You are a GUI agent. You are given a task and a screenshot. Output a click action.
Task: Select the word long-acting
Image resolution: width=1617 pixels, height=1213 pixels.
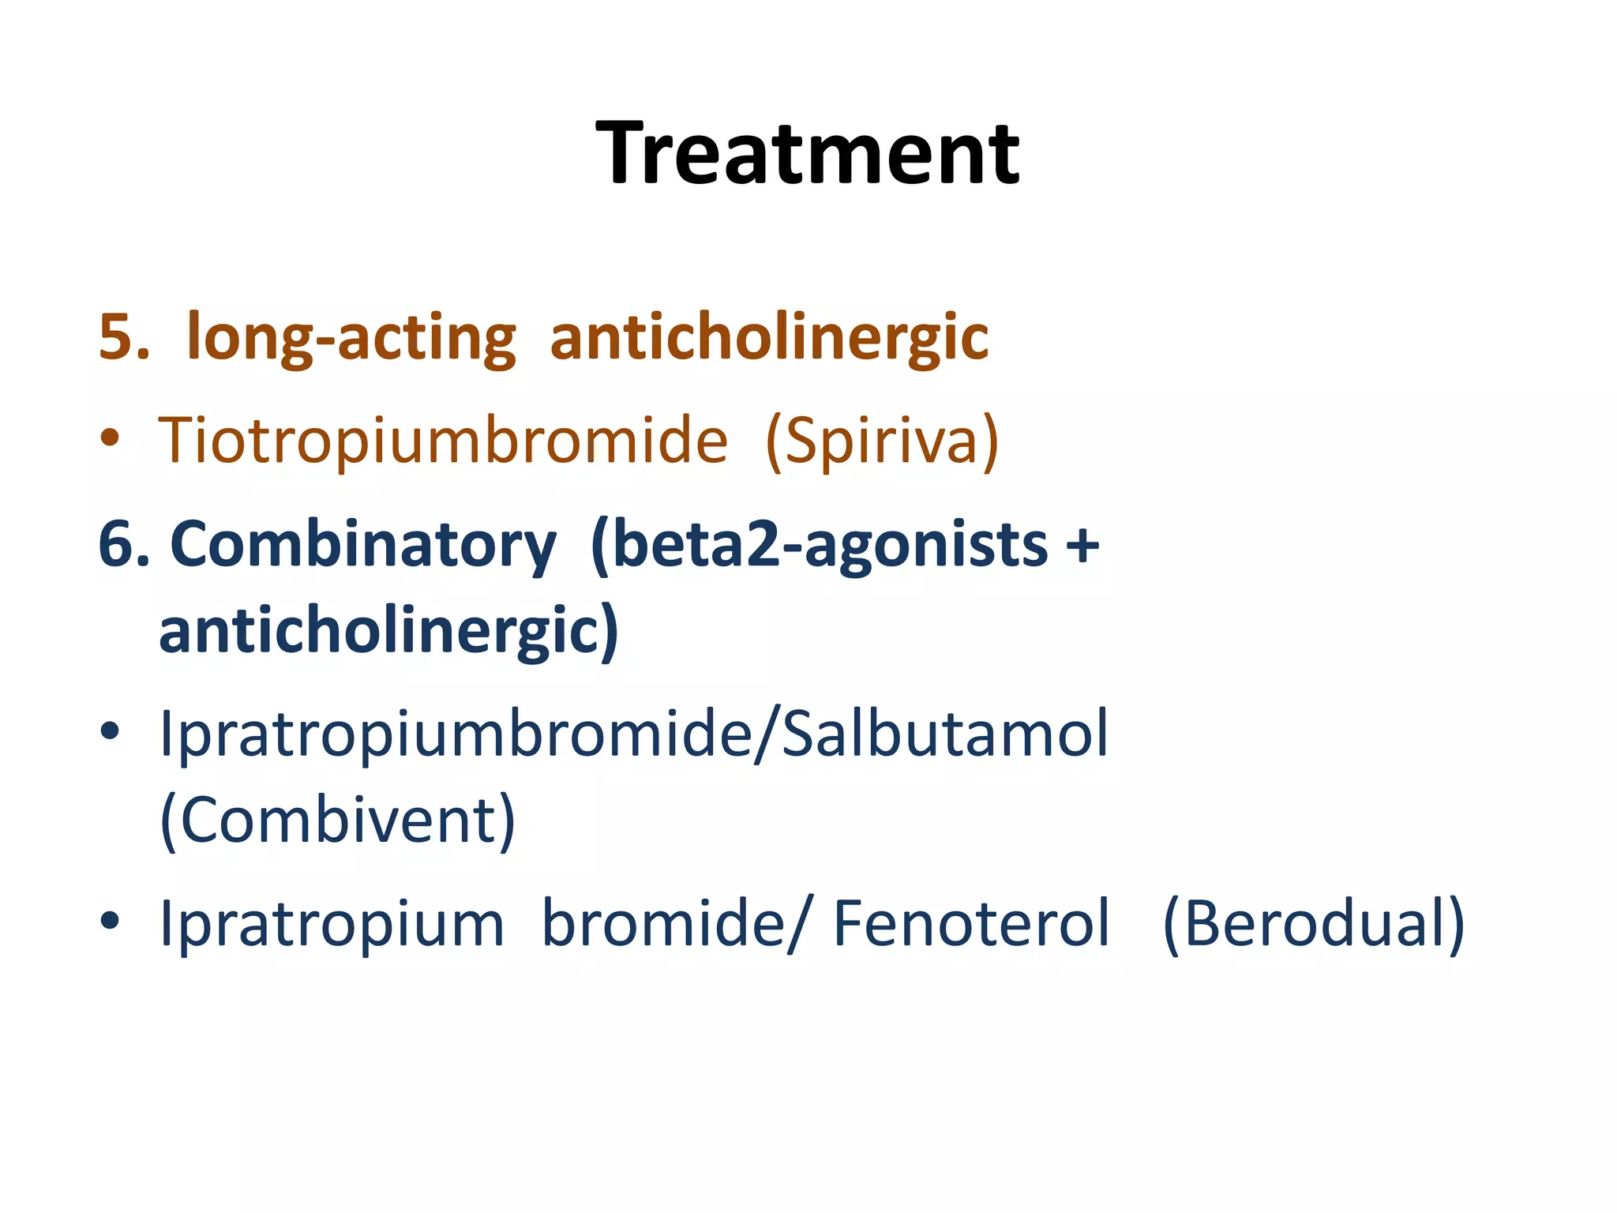(x=351, y=338)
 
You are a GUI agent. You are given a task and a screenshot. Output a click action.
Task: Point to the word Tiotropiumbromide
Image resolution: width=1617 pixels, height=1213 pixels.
(x=443, y=440)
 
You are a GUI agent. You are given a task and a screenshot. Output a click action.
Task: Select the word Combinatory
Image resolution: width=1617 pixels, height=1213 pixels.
(x=363, y=545)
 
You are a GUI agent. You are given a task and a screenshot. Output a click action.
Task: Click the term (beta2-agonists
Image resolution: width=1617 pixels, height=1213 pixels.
(x=818, y=545)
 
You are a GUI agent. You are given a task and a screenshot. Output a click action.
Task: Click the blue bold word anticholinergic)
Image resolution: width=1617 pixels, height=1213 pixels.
(x=388, y=631)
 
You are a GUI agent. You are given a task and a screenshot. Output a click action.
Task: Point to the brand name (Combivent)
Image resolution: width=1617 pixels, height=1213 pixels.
(x=337, y=821)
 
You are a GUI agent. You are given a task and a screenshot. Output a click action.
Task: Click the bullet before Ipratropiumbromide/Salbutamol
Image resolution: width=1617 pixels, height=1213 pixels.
(x=111, y=731)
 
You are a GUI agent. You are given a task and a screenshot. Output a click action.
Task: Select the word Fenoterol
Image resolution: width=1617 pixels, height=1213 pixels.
(x=971, y=923)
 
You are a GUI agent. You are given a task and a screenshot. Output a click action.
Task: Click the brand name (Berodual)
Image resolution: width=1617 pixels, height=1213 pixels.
(x=1314, y=923)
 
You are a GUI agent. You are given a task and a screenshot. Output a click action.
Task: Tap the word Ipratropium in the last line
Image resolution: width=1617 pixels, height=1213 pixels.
(x=332, y=925)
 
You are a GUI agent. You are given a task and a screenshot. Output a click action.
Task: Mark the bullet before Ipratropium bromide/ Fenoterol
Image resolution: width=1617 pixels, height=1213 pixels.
(x=111, y=920)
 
